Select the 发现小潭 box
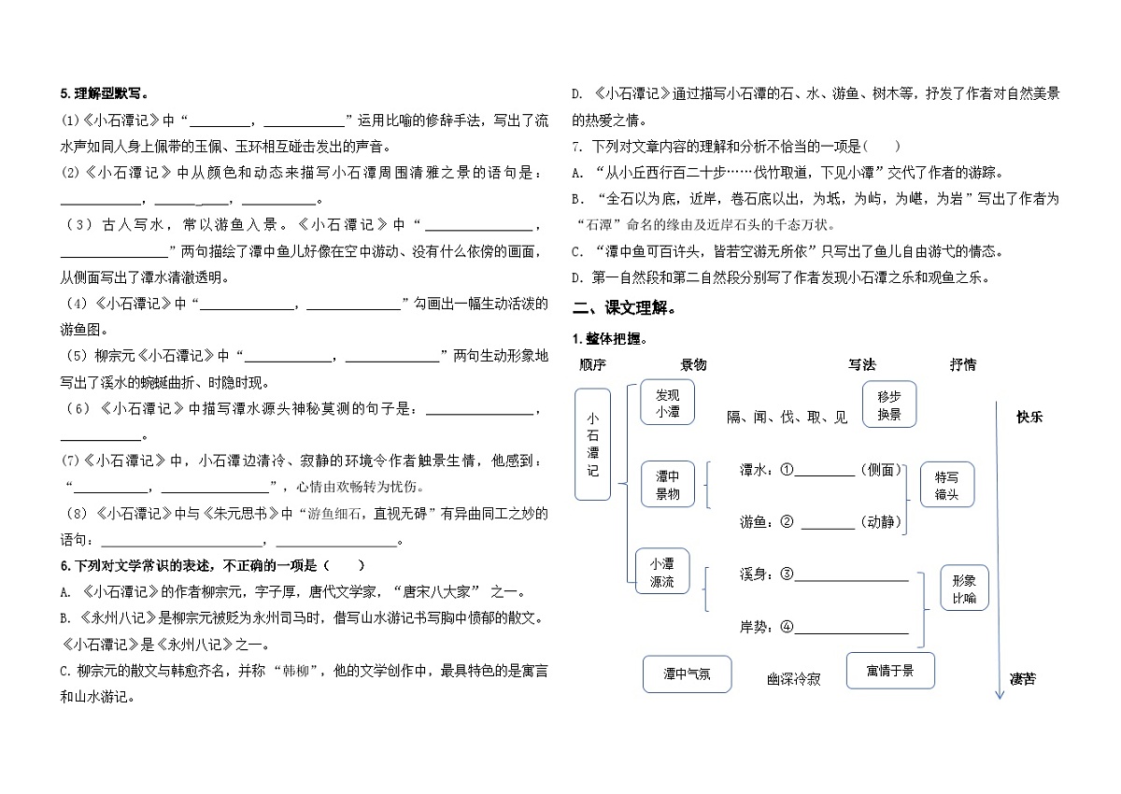667,403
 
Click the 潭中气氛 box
687,673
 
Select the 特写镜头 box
946,485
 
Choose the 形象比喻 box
964,588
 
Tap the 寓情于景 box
888,671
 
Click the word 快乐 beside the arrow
1029,418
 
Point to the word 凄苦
1023,679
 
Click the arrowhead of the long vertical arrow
999,695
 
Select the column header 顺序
592,364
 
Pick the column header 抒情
962,364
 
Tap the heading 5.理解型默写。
106,93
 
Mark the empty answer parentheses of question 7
882,147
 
